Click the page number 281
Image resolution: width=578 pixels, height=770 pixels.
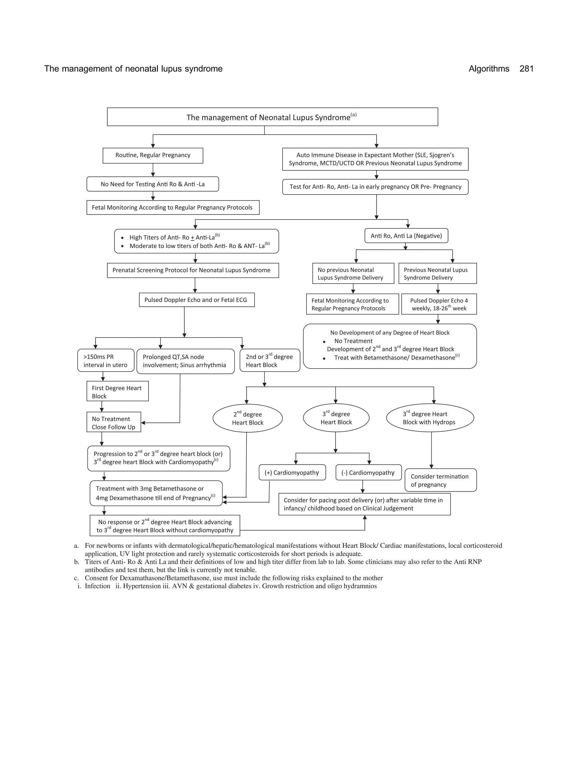pyautogui.click(x=526, y=69)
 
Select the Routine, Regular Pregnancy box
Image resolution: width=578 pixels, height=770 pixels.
pyautogui.click(x=153, y=155)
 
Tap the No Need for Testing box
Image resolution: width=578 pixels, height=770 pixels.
pyautogui.click(x=153, y=184)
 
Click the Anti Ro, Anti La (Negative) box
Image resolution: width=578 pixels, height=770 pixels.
pyautogui.click(x=406, y=236)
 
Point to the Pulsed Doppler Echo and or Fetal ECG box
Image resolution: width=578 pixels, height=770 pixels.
pyautogui.click(x=196, y=300)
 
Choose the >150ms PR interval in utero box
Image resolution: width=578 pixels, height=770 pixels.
pyautogui.click(x=106, y=361)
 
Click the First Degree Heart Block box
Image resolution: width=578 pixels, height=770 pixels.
pyautogui.click(x=117, y=392)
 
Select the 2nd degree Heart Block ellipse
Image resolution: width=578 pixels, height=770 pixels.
pyautogui.click(x=247, y=418)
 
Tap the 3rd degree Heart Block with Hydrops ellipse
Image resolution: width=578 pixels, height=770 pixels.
pyautogui.click(x=430, y=418)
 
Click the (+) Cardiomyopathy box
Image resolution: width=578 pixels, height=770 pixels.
pyautogui.click(x=292, y=472)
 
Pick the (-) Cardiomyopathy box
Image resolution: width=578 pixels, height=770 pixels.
pyautogui.click(x=368, y=472)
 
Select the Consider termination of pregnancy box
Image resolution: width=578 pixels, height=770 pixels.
pyautogui.click(x=440, y=480)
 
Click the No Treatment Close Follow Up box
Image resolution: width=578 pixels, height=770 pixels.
pyautogui.click(x=113, y=423)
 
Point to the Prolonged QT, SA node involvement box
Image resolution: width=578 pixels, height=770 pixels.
pyautogui.click(x=185, y=361)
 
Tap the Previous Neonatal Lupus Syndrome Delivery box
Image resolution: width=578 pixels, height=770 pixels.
pyautogui.click(x=437, y=273)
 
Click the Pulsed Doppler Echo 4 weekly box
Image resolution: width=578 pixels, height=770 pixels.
pyautogui.click(x=439, y=304)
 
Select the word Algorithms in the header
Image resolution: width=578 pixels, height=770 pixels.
pyautogui.click(x=489, y=69)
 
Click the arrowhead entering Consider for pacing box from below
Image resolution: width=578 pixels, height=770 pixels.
pyautogui.click(x=365, y=518)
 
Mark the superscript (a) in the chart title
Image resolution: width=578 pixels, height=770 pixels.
pyautogui.click(x=353, y=114)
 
